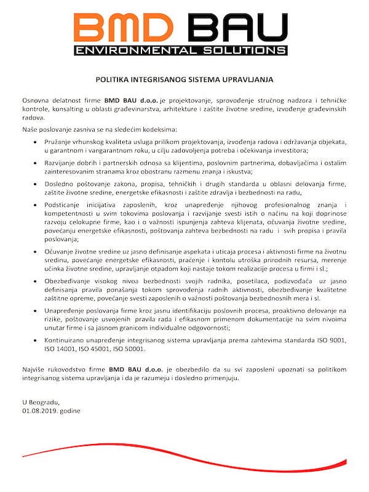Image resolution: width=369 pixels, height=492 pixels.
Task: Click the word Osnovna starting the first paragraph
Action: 34,100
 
